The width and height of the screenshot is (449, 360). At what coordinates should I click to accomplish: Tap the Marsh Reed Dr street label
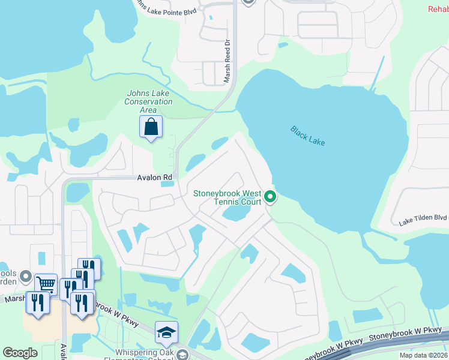coord(228,61)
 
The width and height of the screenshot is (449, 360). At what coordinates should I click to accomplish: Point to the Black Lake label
coord(308,135)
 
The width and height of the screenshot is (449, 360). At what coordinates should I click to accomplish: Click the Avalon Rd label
coord(154,178)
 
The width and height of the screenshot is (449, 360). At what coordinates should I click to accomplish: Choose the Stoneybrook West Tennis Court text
coord(227,197)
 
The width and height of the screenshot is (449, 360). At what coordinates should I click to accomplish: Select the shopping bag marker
coord(150,127)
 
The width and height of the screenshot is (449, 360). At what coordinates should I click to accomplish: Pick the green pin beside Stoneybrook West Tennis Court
coord(270,196)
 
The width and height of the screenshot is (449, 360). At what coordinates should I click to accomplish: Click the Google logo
coord(20,353)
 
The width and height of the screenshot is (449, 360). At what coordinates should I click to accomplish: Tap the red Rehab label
coord(438,9)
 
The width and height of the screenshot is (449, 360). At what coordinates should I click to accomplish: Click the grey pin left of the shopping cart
coord(26,277)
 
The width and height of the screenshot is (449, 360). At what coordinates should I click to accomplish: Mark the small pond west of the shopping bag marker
coord(73,125)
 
